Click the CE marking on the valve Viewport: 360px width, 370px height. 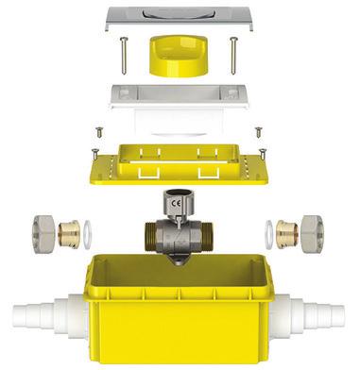[x=176, y=203]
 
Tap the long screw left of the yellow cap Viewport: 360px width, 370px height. [x=124, y=56]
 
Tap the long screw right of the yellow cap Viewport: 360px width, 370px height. [x=233, y=56]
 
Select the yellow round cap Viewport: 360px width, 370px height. [x=179, y=56]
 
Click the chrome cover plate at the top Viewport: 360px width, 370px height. [x=180, y=18]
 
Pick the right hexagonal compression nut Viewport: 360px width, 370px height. [x=313, y=233]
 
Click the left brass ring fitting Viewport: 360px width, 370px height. [x=69, y=233]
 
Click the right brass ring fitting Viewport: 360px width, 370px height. [x=286, y=233]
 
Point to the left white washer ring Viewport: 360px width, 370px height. [x=88, y=234]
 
